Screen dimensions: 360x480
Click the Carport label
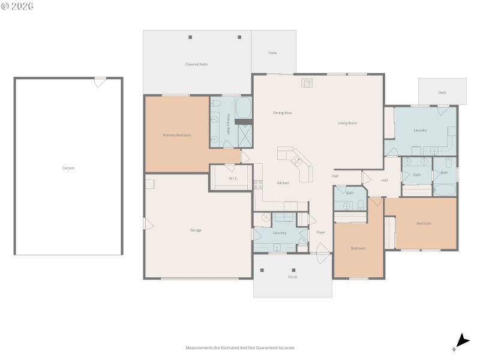point(68,168)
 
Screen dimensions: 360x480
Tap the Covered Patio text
point(196,64)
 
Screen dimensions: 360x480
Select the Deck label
point(442,92)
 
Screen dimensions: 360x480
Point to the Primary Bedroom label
point(177,135)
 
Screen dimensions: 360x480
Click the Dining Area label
point(282,113)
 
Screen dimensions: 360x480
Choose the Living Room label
point(347,123)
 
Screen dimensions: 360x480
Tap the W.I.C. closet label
point(234,179)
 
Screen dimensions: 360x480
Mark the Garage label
point(196,230)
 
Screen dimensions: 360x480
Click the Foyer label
point(320,232)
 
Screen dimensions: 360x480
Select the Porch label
point(293,277)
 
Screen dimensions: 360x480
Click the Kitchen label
point(283,183)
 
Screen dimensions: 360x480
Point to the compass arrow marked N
point(461,341)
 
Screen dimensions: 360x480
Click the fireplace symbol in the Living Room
point(307,83)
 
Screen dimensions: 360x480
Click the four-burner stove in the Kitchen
point(258,185)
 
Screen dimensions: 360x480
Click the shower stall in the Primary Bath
point(245,136)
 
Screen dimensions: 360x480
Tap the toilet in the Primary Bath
point(217,104)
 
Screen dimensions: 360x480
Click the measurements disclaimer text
point(240,347)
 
